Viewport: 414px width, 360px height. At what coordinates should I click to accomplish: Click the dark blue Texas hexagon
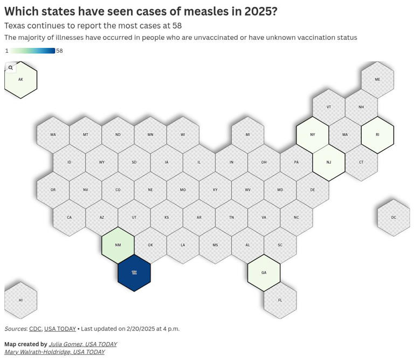click(134, 273)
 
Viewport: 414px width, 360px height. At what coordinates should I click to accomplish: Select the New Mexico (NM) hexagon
click(118, 245)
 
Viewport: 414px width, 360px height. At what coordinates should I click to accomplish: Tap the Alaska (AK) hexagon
click(20, 80)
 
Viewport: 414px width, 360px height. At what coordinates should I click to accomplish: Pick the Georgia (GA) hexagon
click(264, 273)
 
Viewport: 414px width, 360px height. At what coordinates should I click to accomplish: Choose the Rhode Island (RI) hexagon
click(377, 135)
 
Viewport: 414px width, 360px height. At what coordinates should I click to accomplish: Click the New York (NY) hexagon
click(312, 135)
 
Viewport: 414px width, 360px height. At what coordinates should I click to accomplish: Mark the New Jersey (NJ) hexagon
click(329, 162)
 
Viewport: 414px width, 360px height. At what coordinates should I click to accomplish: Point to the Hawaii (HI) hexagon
click(20, 300)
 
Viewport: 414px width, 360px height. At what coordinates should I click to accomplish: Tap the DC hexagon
click(394, 218)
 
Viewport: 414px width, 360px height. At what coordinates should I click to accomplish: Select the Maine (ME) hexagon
click(377, 80)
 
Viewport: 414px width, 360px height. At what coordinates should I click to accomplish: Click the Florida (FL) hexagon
click(280, 300)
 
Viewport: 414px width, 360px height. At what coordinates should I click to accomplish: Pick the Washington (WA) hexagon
click(53, 135)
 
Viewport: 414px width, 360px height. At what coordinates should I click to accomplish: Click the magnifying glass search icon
click(11, 68)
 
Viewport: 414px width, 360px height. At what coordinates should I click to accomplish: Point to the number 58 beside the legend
click(59, 51)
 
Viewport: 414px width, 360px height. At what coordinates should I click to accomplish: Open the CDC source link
click(35, 329)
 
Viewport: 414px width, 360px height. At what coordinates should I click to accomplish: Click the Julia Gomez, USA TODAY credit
click(82, 344)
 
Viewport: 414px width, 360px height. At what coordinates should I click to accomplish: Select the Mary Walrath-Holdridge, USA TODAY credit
click(54, 352)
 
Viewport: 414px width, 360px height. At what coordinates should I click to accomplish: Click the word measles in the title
click(202, 11)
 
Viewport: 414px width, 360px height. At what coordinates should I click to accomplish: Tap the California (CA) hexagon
click(69, 218)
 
